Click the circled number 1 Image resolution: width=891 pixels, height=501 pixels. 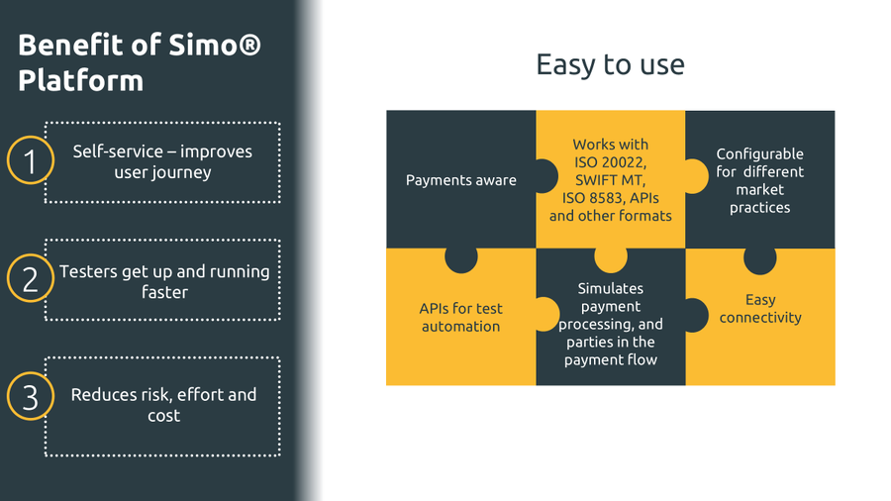tap(30, 161)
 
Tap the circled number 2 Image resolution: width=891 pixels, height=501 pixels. tap(30, 279)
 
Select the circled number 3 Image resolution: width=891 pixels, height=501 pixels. tap(30, 397)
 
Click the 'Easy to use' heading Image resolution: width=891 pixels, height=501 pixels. tap(610, 64)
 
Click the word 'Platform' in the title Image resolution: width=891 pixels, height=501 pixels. tap(80, 80)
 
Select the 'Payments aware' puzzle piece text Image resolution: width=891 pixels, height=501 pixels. tap(460, 180)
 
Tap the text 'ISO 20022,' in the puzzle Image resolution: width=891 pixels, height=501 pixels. tap(610, 162)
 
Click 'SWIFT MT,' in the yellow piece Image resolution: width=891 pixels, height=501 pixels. tap(610, 180)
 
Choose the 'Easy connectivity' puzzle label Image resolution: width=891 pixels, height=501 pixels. tap(760, 308)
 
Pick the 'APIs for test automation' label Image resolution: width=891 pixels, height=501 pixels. tap(460, 317)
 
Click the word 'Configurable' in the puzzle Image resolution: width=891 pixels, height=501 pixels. tap(759, 153)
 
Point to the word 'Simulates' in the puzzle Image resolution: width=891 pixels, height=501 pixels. tap(610, 288)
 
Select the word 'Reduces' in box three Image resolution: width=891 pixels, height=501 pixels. tap(103, 394)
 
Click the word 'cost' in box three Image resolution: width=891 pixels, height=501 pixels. tap(163, 416)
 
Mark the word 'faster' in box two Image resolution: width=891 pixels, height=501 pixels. tap(163, 292)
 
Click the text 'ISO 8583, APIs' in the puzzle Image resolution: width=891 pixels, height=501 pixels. tap(610, 198)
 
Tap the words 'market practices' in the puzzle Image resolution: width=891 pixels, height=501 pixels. tap(759, 198)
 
